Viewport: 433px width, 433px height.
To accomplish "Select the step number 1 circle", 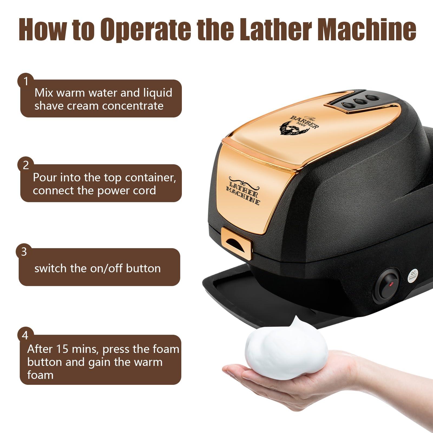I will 26,81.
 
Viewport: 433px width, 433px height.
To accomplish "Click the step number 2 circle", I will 26,165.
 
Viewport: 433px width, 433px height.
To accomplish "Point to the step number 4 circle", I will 25,336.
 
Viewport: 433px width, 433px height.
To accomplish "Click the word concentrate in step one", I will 133,106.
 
